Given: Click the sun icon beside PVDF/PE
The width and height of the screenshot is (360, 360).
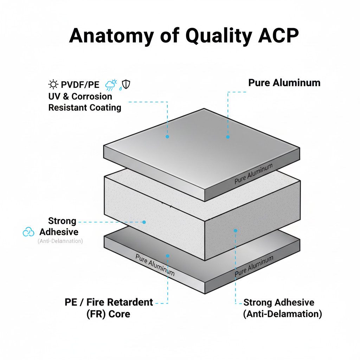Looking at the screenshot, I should [x=53, y=84].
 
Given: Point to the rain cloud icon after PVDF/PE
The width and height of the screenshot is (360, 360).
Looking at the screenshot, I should [x=111, y=85].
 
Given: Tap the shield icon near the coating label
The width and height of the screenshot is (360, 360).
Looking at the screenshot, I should [x=126, y=84].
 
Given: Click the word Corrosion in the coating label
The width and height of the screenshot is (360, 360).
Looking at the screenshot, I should [x=92, y=96].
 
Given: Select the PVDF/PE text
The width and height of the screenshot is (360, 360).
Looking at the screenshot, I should [x=80, y=85].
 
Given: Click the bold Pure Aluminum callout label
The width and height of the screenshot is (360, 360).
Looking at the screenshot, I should [x=284, y=83].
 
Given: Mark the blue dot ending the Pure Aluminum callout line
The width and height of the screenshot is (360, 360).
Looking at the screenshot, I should [x=228, y=137].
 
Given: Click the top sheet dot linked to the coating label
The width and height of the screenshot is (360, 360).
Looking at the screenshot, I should [x=167, y=136].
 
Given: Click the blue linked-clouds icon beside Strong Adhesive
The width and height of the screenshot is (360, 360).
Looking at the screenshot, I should [x=28, y=232].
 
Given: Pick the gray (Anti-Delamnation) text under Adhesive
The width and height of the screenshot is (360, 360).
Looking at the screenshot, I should [x=60, y=241].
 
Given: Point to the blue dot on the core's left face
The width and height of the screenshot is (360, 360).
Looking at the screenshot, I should [x=144, y=222].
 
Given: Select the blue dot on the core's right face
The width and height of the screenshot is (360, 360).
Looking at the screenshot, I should [x=236, y=231].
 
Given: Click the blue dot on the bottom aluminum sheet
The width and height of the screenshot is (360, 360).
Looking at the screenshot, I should [x=167, y=256].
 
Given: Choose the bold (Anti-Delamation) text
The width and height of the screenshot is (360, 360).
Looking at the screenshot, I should [x=282, y=314].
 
